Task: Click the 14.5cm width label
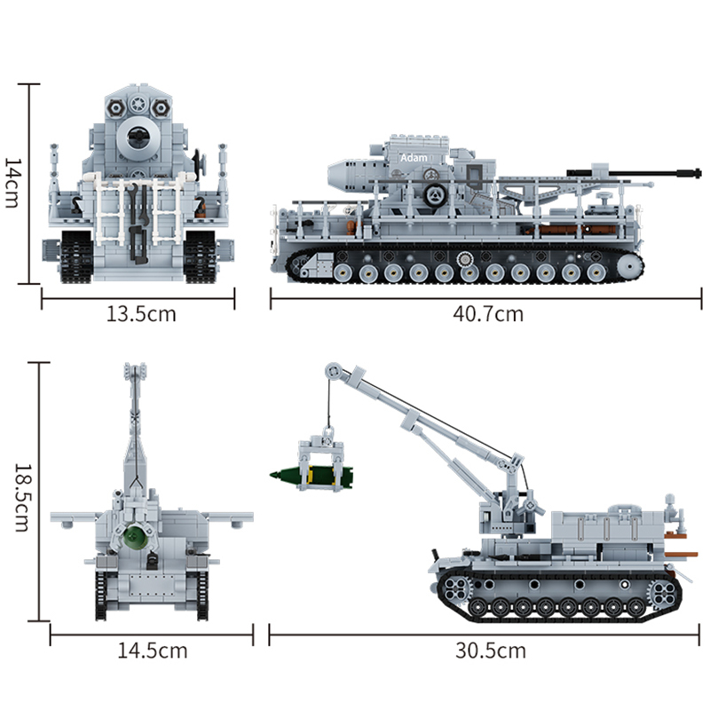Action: pyautogui.click(x=153, y=651)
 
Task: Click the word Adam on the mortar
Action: pyautogui.click(x=413, y=157)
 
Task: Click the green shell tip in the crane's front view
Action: pyautogui.click(x=133, y=535)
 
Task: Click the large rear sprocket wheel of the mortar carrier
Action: pyautogui.click(x=628, y=264)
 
